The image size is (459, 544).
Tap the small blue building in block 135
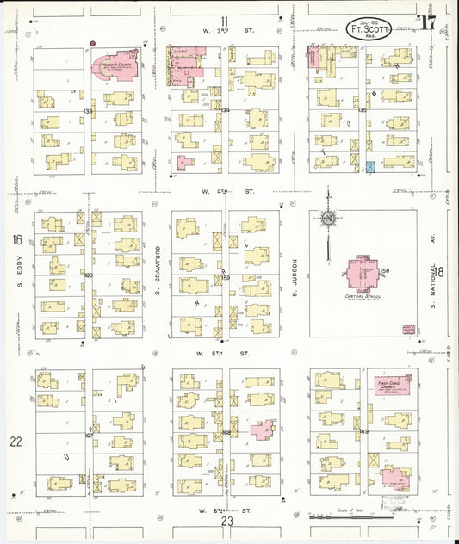[x=370, y=166]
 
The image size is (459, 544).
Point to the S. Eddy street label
[x=19, y=275]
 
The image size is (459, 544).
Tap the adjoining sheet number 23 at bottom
[x=226, y=521]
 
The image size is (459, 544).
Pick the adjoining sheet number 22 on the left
[x=15, y=442]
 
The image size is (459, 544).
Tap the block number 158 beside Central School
[x=385, y=272]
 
